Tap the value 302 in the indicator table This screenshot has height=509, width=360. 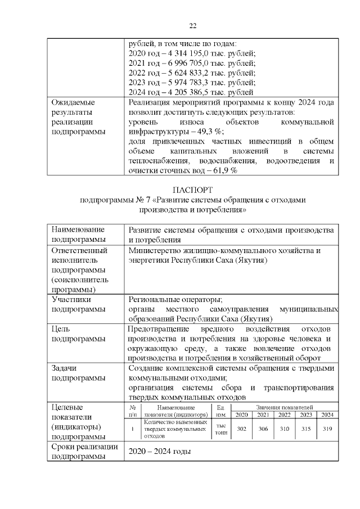(242, 429)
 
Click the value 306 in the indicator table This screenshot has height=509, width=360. (263, 429)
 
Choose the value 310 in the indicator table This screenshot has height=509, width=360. (284, 429)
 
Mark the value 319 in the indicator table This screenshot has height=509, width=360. (327, 429)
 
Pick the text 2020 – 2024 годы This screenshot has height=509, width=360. (160, 451)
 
